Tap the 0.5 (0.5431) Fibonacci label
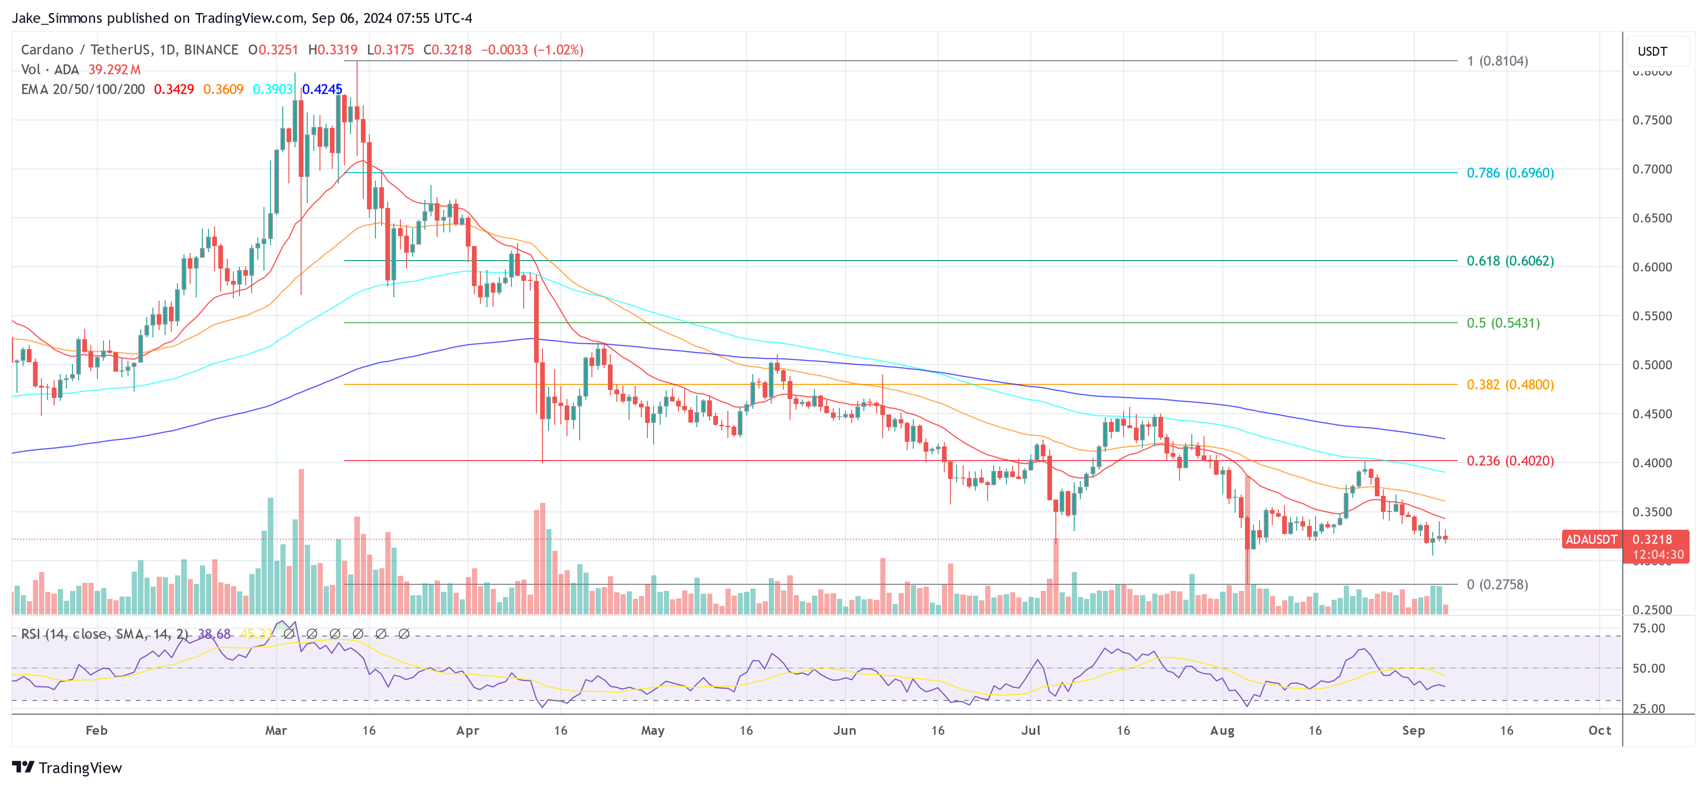click(1502, 323)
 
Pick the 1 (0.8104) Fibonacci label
click(1497, 61)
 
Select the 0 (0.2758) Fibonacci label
click(1497, 585)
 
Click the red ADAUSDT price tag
click(1590, 540)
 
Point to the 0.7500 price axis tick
click(1651, 120)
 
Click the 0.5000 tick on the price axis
click(1651, 365)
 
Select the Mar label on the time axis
click(276, 730)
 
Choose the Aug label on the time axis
click(1221, 730)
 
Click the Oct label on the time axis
click(1599, 730)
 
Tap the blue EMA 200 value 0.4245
click(322, 89)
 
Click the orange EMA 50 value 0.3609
click(223, 89)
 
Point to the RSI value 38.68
click(214, 634)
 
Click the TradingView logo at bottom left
click(67, 767)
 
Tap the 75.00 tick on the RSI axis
click(1648, 628)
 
